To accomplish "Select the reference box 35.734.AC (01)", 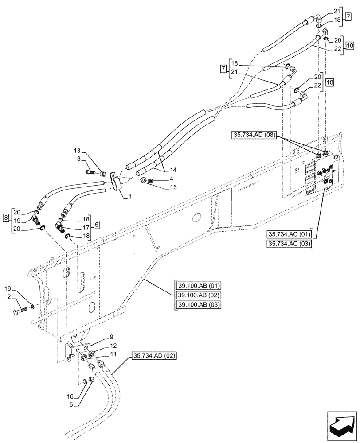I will (289, 234).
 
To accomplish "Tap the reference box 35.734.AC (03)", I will (289, 244).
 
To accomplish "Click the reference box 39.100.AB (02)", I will (200, 295).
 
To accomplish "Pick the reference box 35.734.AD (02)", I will (154, 355).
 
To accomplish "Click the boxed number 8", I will (5, 218).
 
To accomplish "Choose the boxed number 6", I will (97, 225).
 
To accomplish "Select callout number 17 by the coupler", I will (86, 229).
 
